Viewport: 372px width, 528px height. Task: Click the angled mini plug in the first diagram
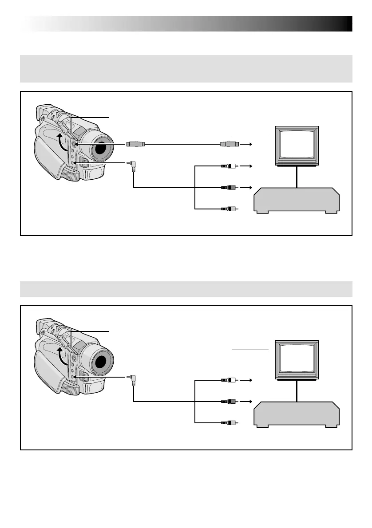pyautogui.click(x=133, y=166)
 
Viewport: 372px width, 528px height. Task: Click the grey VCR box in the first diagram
pyautogui.click(x=297, y=201)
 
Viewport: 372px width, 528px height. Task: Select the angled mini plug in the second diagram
pyautogui.click(x=133, y=379)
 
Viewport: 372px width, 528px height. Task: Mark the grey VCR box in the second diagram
pyautogui.click(x=297, y=414)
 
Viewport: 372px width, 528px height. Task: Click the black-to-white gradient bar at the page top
pyautogui.click(x=186, y=24)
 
